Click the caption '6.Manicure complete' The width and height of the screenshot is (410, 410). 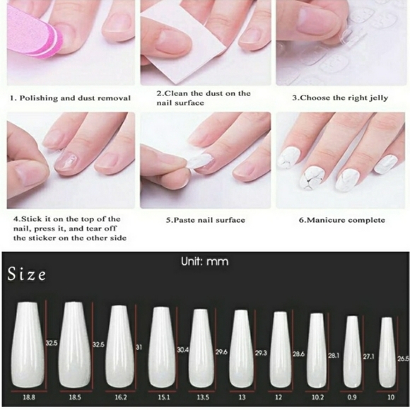[x=341, y=220]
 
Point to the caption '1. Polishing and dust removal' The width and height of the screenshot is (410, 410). [x=70, y=98]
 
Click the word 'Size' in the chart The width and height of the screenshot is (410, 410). [x=28, y=274]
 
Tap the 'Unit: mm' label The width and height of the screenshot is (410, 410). [x=205, y=262]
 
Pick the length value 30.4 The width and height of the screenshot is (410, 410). [x=182, y=349]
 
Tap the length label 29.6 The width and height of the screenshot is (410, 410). [x=221, y=351]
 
